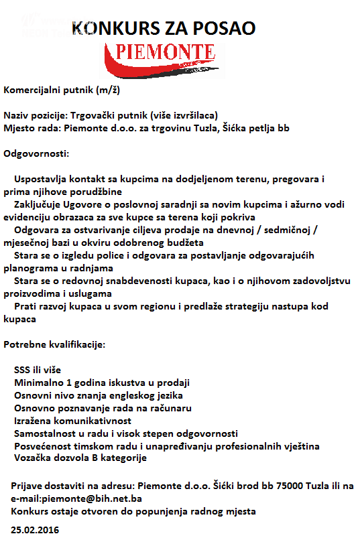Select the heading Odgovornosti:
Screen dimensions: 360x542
click(x=36, y=154)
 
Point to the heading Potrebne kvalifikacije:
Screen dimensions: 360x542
click(x=54, y=344)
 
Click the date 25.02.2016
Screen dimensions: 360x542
click(x=32, y=530)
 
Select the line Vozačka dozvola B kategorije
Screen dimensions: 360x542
click(x=80, y=458)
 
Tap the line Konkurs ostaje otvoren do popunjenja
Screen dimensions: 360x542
click(x=133, y=511)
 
